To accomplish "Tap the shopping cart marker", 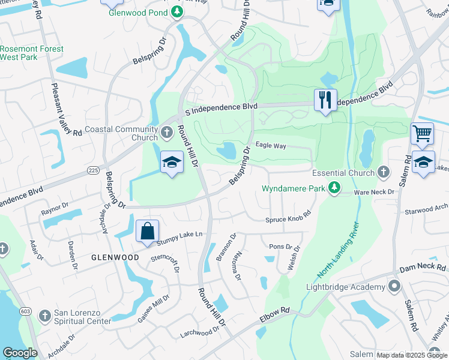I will tap(422, 134).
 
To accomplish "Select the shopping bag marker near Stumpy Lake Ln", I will tap(147, 231).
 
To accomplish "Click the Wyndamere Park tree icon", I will tap(334, 189).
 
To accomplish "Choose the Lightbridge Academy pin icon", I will tap(394, 286).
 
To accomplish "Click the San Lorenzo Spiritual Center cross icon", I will tap(44, 316).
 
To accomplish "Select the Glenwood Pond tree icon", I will tap(176, 11).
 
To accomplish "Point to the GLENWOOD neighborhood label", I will tap(115, 257).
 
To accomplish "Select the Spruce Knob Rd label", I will tap(288, 217).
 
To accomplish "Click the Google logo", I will tap(20, 353).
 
